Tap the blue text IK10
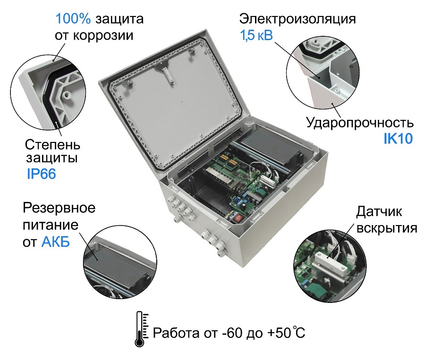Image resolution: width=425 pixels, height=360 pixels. click(398, 138)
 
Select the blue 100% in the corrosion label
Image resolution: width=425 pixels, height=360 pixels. click(74, 19)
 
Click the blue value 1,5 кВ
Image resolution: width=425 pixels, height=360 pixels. click(256, 35)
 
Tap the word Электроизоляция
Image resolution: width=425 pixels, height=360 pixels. click(297, 19)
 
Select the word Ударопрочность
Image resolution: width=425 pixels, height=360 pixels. click(360, 123)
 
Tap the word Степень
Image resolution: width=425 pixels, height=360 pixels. click(52, 143)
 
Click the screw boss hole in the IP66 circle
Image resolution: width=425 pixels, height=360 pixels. click(67, 94)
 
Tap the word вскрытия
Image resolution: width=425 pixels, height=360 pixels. click(387, 228)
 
